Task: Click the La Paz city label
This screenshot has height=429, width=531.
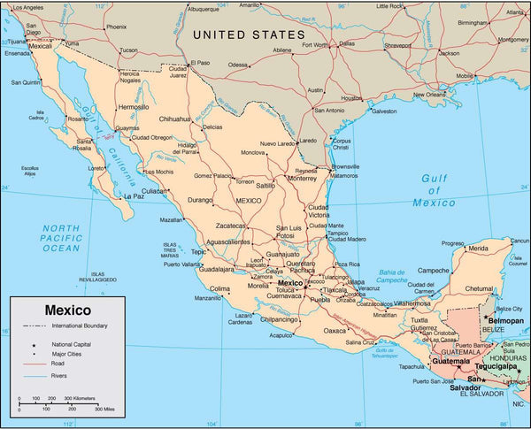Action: click(x=133, y=195)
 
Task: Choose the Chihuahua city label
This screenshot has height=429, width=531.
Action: click(x=173, y=119)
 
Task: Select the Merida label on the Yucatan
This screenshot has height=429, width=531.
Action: click(x=478, y=249)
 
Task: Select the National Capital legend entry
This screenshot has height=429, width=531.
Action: click(x=73, y=343)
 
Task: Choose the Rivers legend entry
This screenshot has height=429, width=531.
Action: click(x=61, y=376)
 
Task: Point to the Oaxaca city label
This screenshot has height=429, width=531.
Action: click(x=335, y=331)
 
